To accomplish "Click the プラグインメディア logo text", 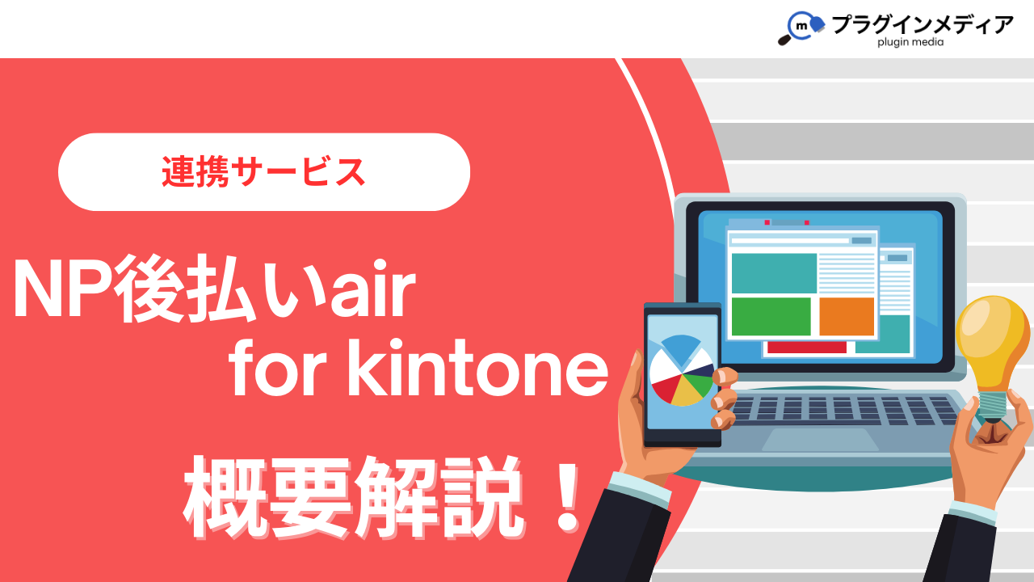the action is pyautogui.click(x=923, y=24).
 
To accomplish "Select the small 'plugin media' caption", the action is pyautogui.click(x=910, y=42).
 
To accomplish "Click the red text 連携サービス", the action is pyautogui.click(x=263, y=172).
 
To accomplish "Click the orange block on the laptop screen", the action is pyautogui.click(x=847, y=316).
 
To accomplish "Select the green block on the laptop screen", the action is pyautogui.click(x=771, y=316).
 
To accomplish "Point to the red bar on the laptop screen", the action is pyautogui.click(x=807, y=348).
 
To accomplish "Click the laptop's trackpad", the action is pyautogui.click(x=820, y=439).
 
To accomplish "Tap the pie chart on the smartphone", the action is pyautogui.click(x=683, y=370).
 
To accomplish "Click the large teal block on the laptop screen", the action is pyautogui.click(x=774, y=273).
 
